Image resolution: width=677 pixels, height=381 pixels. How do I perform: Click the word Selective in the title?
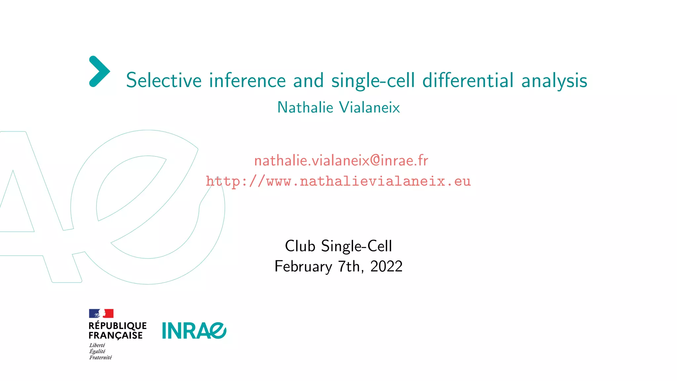164,80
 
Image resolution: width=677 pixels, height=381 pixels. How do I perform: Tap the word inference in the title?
247,80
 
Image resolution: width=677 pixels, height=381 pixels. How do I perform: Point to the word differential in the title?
468,80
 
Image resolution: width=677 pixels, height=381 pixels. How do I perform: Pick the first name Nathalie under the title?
305,107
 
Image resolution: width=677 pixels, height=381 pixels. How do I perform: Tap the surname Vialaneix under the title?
370,107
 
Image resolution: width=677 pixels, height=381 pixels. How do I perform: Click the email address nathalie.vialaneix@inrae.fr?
341,161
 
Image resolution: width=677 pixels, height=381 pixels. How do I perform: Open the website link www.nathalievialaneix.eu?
338,181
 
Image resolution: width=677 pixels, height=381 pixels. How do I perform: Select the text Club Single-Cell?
338,246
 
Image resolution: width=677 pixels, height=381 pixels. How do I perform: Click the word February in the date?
303,267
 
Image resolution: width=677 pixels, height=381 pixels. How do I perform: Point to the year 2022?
386,267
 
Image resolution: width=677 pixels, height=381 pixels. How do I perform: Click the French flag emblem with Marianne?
101,314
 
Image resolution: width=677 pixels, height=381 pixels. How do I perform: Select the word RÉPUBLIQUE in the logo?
117,326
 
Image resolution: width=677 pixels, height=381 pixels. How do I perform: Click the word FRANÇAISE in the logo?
115,335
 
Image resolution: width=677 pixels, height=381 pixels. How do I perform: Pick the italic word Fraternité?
100,358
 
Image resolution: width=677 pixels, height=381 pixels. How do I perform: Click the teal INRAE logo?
194,331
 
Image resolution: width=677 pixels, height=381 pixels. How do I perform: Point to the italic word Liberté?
97,345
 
